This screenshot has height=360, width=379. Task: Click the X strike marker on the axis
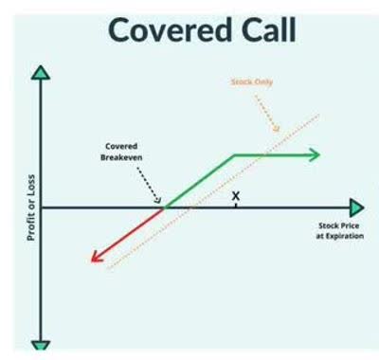point(235,197)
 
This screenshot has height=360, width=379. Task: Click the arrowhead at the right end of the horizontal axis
point(355,207)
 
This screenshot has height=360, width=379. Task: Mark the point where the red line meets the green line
point(165,207)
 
